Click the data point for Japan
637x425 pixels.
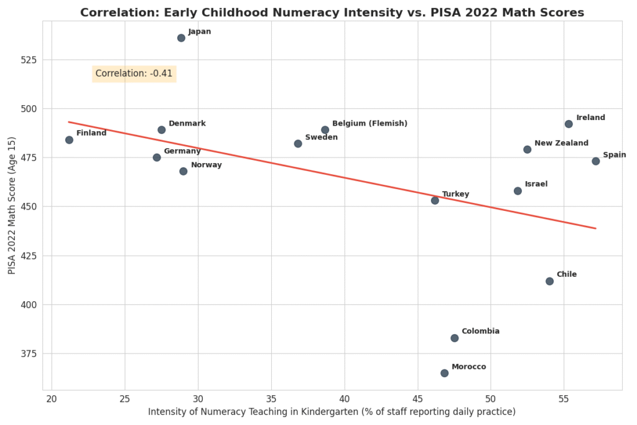pyautogui.click(x=181, y=38)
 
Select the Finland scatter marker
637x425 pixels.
pyautogui.click(x=69, y=140)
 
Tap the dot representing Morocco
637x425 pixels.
pyautogui.click(x=444, y=373)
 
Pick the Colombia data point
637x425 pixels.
pyautogui.click(x=454, y=338)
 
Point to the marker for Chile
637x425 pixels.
pyautogui.click(x=549, y=281)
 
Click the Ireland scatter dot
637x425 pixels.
pyautogui.click(x=569, y=124)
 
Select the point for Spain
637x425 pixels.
pyautogui.click(x=595, y=161)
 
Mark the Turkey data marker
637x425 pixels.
pyautogui.click(x=435, y=200)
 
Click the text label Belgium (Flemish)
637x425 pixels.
pyautogui.click(x=370, y=124)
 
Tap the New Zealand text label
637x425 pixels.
pyautogui.click(x=561, y=143)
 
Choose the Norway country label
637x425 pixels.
pyautogui.click(x=206, y=165)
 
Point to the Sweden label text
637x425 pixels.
pyautogui.click(x=321, y=138)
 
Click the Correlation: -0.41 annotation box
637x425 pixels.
pyautogui.click(x=134, y=73)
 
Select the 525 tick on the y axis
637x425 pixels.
pyautogui.click(x=29, y=60)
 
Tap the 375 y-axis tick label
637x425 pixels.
pyautogui.click(x=29, y=353)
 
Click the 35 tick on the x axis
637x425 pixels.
pyautogui.click(x=271, y=398)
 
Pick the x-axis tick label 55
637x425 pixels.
pyautogui.click(x=564, y=398)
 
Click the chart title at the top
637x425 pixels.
pyautogui.click(x=332, y=12)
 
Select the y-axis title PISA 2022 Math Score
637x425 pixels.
pyautogui.click(x=12, y=206)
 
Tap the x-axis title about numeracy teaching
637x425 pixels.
pyautogui.click(x=332, y=412)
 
